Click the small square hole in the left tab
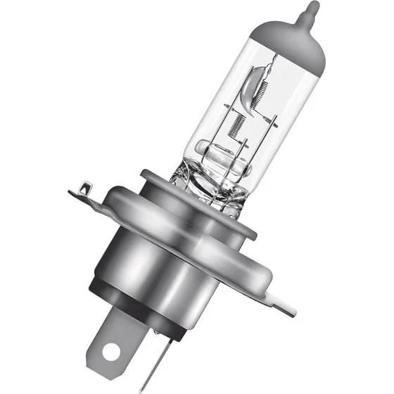coord(84,187)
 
